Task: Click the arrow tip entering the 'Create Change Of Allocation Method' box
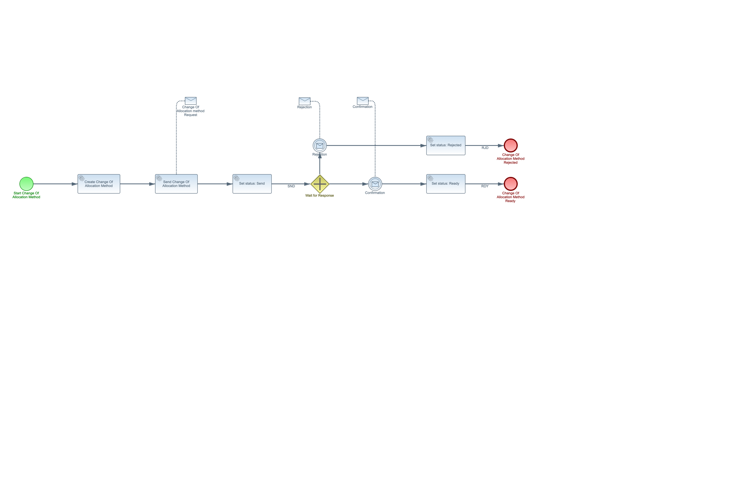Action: [x=78, y=184]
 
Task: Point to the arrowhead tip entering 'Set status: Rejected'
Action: [x=426, y=145]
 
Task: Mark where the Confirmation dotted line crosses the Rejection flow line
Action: [x=375, y=145]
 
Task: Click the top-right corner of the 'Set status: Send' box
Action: [x=271, y=175]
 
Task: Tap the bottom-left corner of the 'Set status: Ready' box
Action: [x=427, y=193]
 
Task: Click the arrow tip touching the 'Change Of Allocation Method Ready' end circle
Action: [x=504, y=184]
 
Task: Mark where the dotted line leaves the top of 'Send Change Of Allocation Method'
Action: [x=176, y=175]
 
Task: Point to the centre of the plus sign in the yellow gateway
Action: [x=320, y=184]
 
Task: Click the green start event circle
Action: [x=26, y=184]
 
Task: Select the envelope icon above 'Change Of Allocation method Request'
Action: [x=191, y=101]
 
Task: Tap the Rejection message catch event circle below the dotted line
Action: [x=320, y=145]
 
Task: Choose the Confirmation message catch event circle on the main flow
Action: [x=375, y=184]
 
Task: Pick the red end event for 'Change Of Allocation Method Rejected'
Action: [x=511, y=145]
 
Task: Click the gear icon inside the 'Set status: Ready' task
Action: [x=430, y=178]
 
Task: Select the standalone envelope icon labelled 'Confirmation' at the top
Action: [x=363, y=100]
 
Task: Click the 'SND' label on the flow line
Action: [x=291, y=186]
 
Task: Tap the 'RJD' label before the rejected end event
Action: [x=485, y=148]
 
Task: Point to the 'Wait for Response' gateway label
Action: [x=319, y=195]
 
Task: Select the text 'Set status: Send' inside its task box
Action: [x=252, y=183]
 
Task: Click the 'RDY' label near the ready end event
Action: [x=485, y=186]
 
